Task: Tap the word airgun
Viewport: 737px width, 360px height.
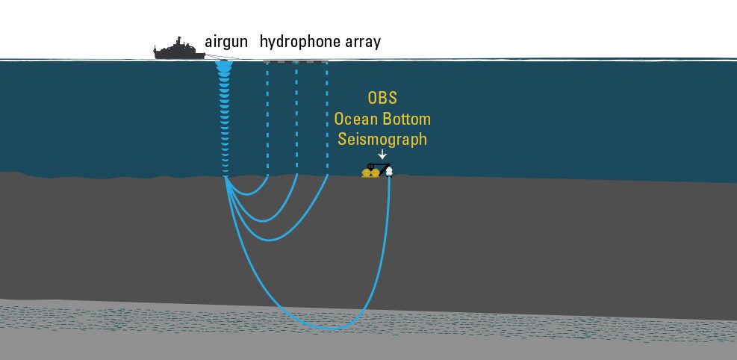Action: tap(226, 43)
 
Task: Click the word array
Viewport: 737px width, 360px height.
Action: tap(362, 43)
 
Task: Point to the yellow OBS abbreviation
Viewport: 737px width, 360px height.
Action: tap(382, 99)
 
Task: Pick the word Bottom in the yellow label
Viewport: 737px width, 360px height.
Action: tap(406, 119)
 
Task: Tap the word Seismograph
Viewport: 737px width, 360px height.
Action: tap(382, 140)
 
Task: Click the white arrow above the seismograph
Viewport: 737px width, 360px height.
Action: tap(382, 154)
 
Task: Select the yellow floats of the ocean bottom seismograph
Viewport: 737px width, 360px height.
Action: tap(370, 173)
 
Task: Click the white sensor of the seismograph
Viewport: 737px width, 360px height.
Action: tap(389, 172)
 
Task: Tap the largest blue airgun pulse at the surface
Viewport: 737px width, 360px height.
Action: tap(224, 66)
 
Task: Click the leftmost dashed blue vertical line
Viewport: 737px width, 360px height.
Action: tap(267, 118)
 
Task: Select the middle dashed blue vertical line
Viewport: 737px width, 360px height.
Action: tap(296, 118)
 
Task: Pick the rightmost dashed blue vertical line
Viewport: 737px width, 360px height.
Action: tap(326, 118)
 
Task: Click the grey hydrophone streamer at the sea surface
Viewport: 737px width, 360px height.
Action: tap(295, 61)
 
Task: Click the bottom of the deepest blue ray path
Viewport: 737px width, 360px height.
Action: tap(332, 328)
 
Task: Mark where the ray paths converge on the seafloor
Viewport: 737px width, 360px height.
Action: tap(226, 177)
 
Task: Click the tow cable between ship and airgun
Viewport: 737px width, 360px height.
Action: tap(222, 58)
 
